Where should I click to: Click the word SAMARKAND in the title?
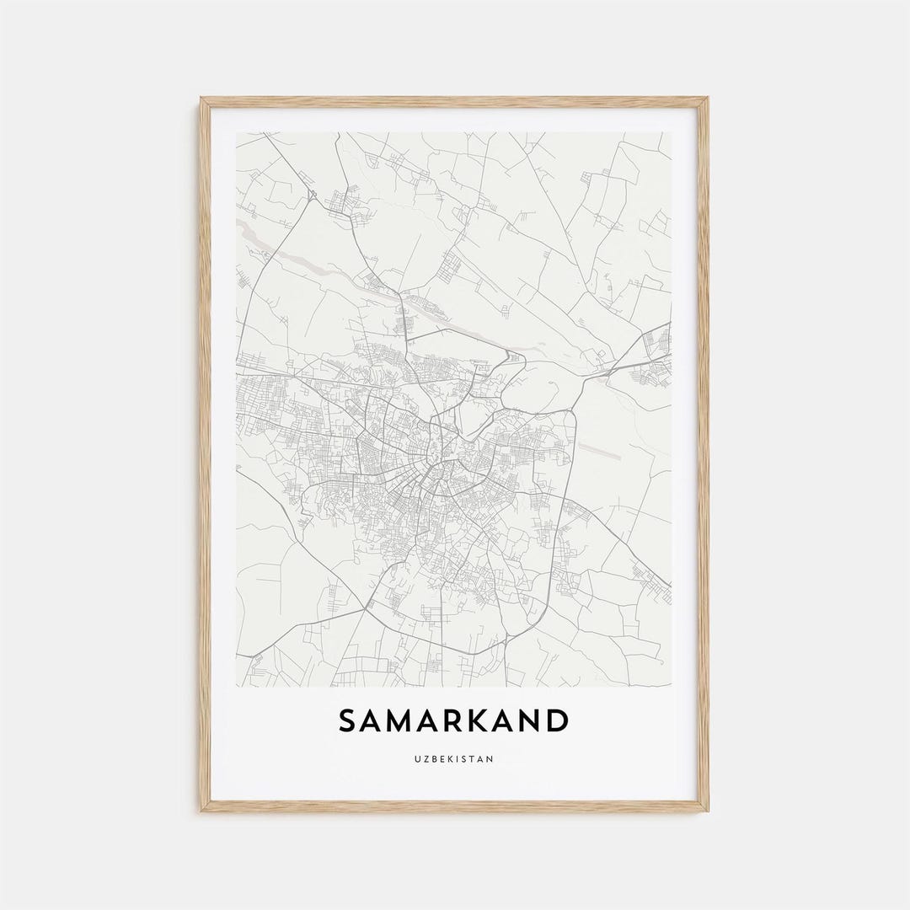tap(453, 721)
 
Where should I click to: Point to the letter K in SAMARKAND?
tap(479, 721)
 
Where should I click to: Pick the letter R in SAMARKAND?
tap(455, 721)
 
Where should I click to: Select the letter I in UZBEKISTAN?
tap(459, 759)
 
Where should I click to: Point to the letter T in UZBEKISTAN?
tap(474, 759)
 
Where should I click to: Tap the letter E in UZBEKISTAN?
tap(442, 759)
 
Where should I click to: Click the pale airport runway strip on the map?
tap(598, 449)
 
